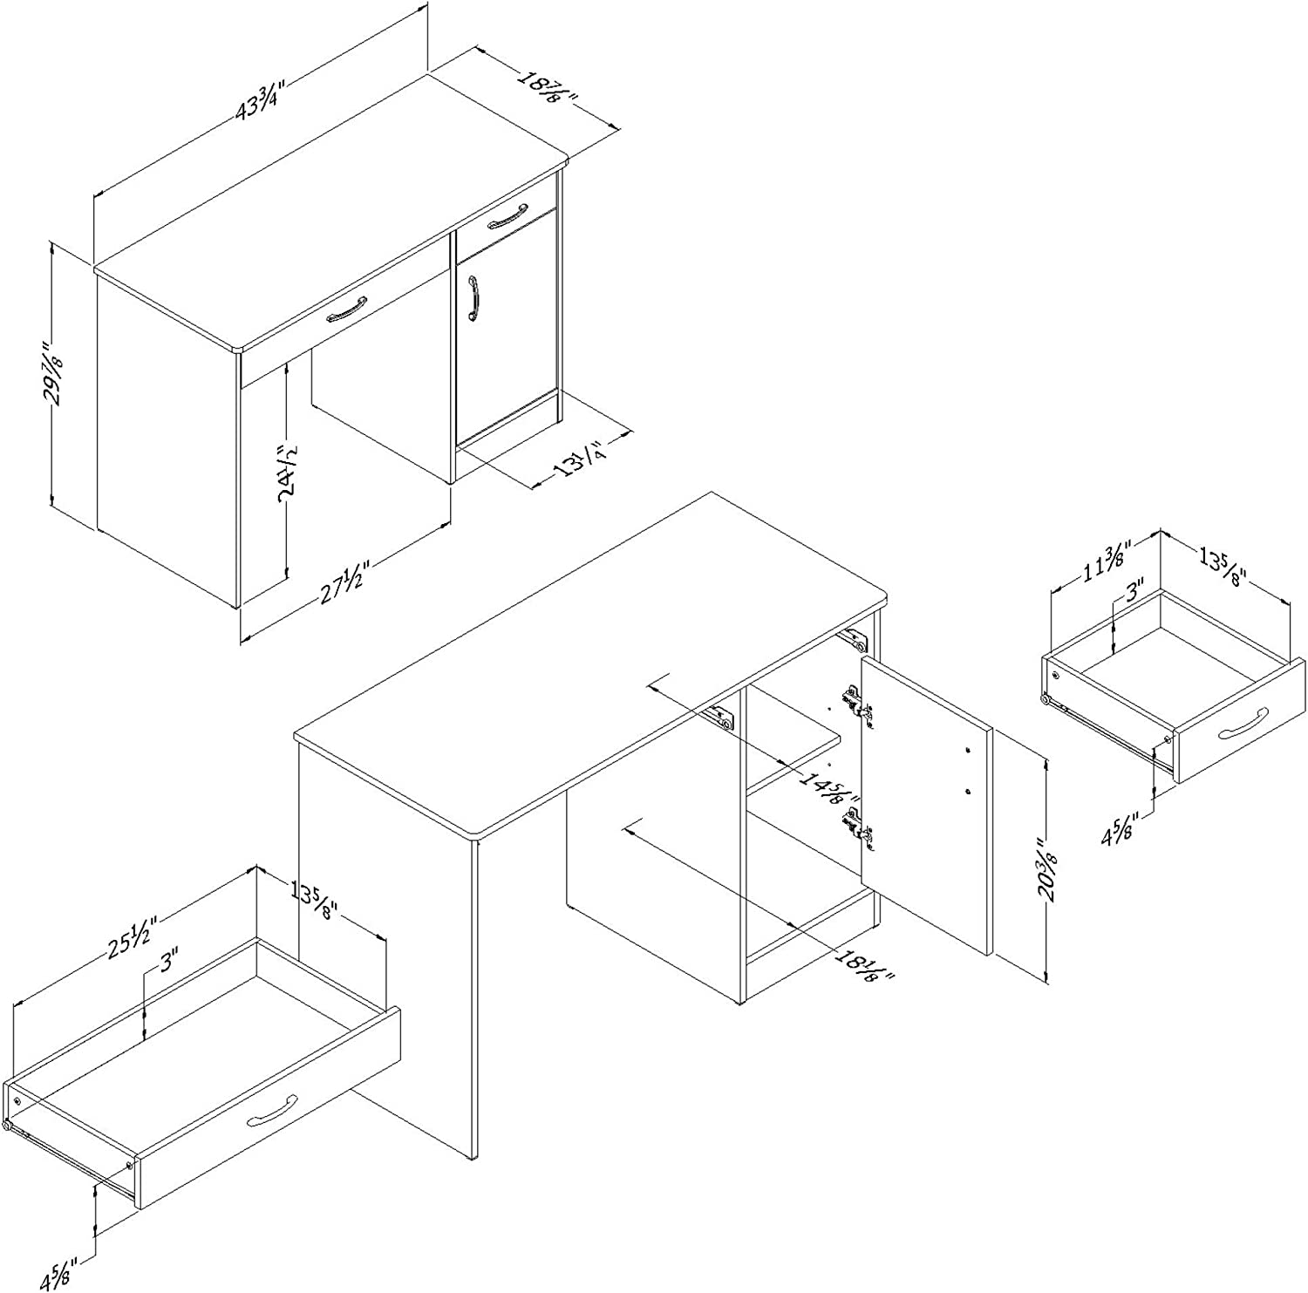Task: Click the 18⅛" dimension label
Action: (x=864, y=965)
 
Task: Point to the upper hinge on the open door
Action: (x=857, y=703)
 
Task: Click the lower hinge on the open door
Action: (x=859, y=827)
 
